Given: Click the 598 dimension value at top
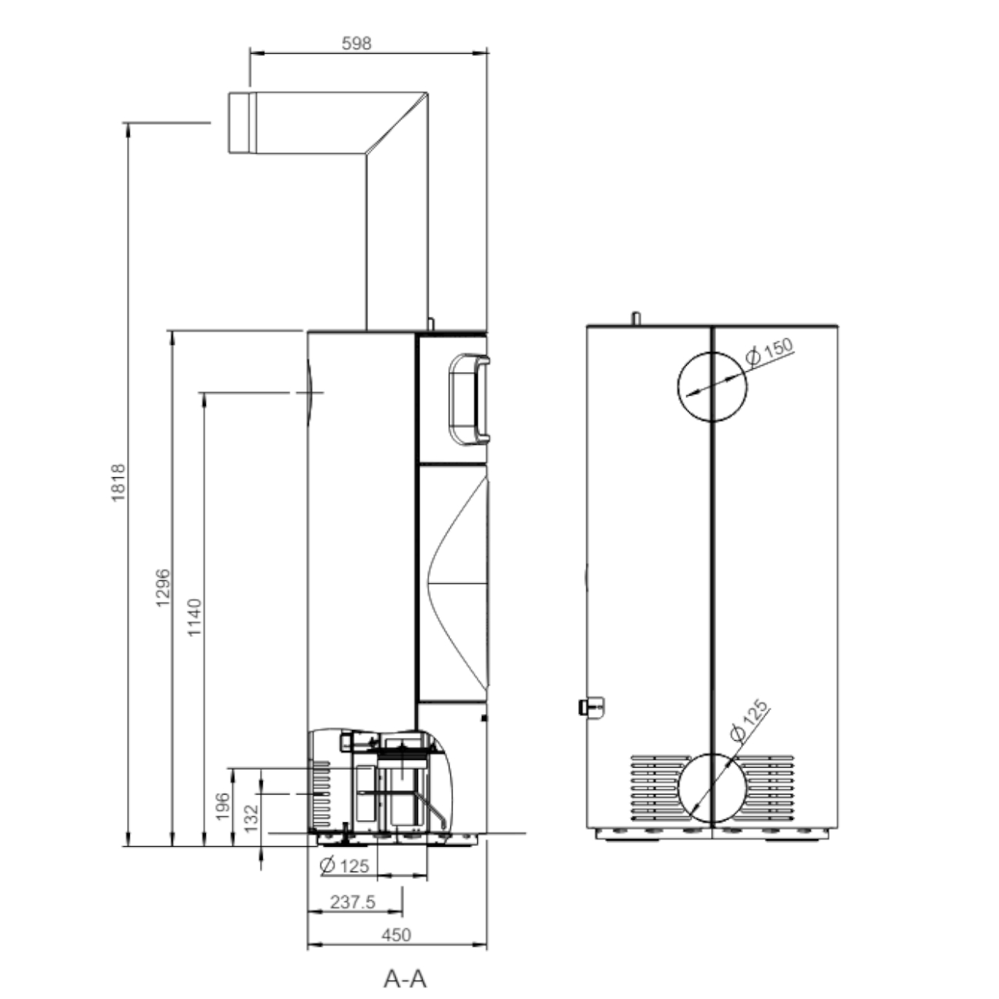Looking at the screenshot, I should [356, 44].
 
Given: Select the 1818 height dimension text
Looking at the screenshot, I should [118, 483].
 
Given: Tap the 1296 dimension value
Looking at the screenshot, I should [163, 588].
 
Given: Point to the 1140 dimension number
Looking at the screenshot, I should [195, 617].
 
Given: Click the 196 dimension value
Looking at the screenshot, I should [223, 807].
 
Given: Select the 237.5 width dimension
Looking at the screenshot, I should [353, 902].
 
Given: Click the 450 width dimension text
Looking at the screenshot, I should [396, 935].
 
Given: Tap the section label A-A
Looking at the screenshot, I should [405, 978].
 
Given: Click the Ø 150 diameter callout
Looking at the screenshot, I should [769, 351].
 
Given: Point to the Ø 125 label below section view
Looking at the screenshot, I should [344, 865].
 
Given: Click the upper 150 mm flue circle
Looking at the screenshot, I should [712, 387].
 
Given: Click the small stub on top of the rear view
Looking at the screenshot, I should [636, 317].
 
